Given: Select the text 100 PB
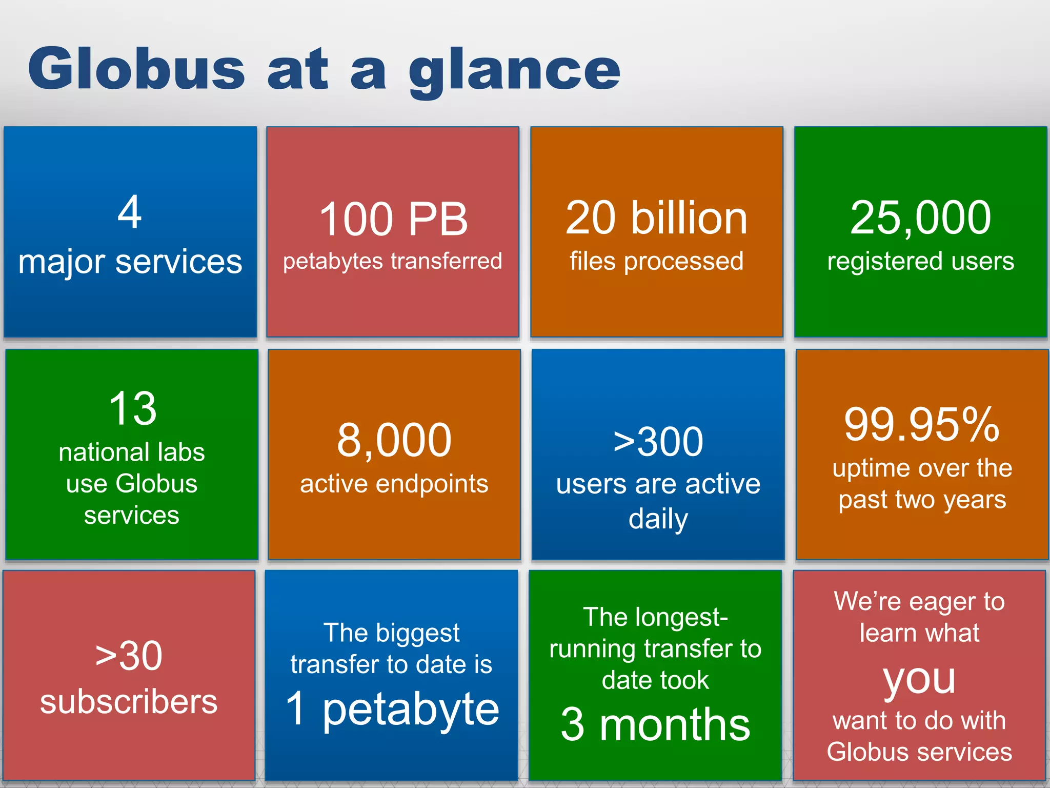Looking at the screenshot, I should point(393,219).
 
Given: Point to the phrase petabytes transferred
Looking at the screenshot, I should point(392,261).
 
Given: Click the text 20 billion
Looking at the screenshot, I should point(656,218).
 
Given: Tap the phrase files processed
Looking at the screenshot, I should point(656,261).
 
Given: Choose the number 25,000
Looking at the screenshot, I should point(920,218).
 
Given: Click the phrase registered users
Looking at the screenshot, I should point(920,261).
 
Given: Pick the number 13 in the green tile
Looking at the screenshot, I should point(132,408).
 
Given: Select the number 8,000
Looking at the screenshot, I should point(394,440).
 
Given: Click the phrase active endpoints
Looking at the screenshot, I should point(394,484).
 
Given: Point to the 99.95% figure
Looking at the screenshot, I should point(922,424).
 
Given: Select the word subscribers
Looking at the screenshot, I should point(129,702).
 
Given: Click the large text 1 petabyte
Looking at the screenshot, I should point(392,709).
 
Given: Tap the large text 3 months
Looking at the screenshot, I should point(655,724).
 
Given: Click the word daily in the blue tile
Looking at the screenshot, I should point(658,519).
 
